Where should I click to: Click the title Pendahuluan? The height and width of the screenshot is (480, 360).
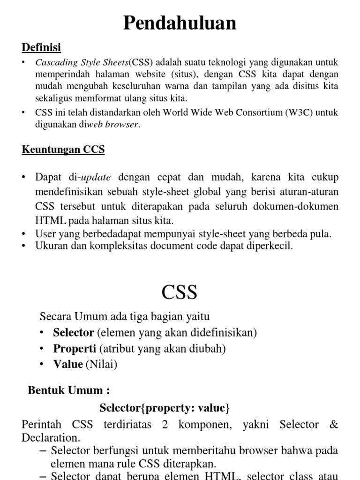180,23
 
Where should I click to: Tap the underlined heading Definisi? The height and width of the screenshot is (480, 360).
41,47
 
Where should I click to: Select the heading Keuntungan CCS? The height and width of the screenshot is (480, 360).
63,150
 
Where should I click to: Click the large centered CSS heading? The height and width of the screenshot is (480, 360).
180,292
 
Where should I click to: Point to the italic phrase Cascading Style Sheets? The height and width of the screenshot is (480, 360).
82,63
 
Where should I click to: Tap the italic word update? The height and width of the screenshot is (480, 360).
96,178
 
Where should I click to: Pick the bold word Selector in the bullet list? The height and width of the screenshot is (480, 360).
74,333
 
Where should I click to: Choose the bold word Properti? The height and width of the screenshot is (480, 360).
74,349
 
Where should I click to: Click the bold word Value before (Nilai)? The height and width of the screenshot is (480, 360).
68,364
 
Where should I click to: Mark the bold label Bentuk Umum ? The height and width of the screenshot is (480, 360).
69,390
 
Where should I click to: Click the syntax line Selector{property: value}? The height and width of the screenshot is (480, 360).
165,408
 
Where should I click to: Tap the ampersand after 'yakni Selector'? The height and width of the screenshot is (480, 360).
333,425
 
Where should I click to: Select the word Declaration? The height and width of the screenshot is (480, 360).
51,438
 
